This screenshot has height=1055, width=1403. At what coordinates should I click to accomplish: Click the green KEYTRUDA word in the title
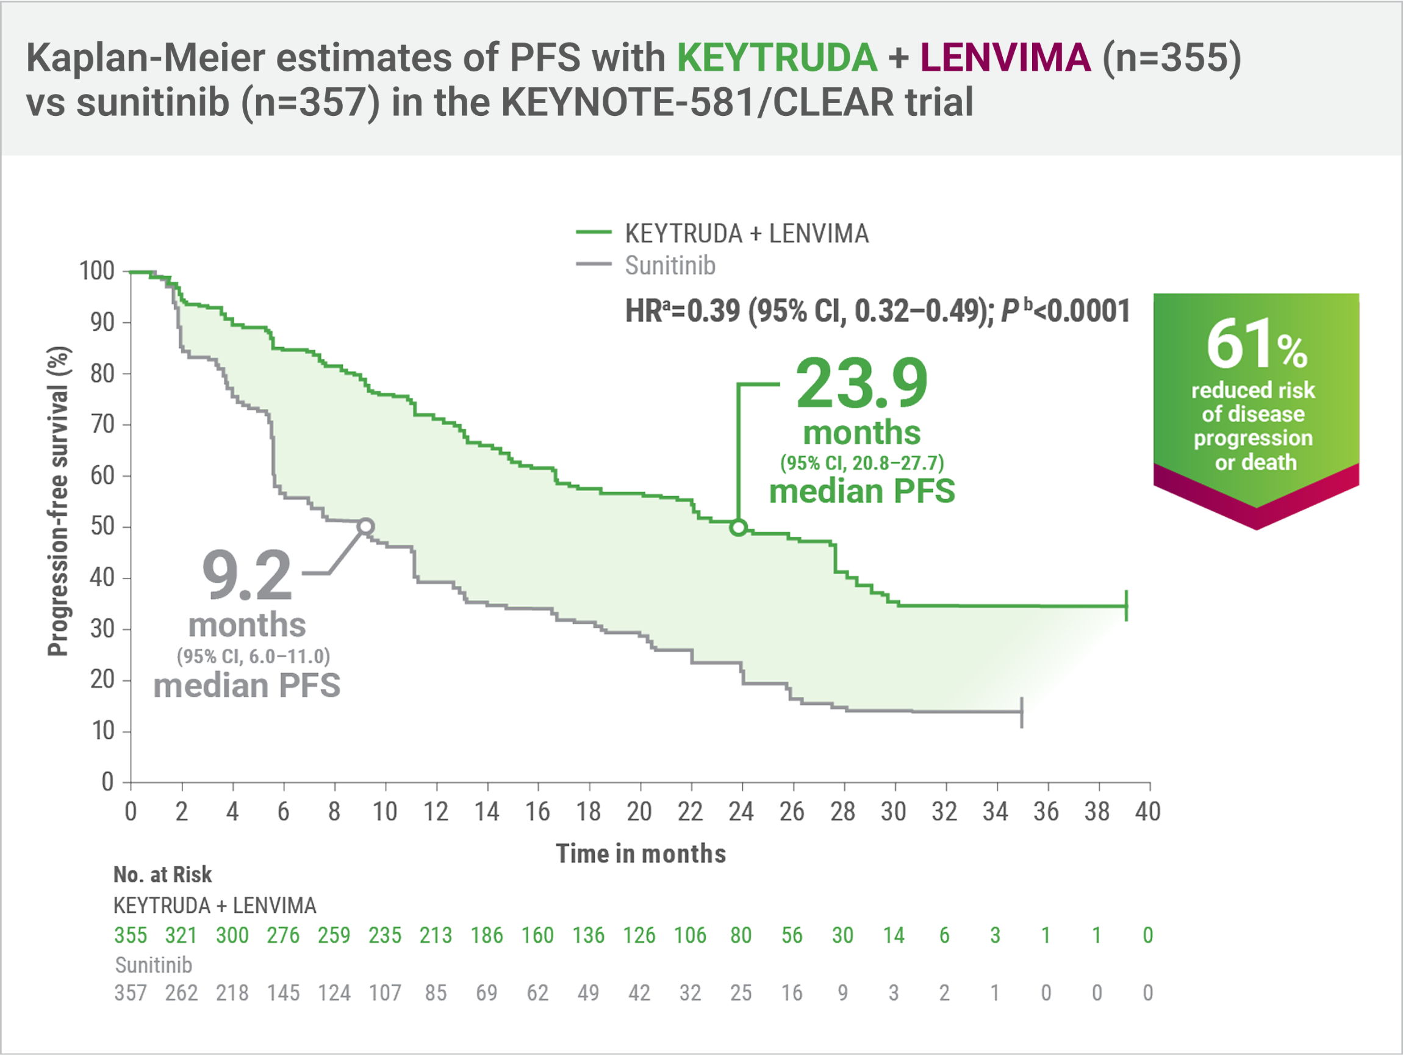pos(777,58)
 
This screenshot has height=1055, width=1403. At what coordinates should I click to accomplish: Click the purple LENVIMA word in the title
pos(1005,58)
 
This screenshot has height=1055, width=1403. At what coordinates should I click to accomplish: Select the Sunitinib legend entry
pos(670,265)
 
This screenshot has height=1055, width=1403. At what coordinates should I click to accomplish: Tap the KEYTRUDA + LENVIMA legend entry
pos(746,234)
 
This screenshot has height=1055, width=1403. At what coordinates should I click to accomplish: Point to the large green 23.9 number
pos(861,384)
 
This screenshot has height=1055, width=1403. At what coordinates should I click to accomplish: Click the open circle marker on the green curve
pos(738,527)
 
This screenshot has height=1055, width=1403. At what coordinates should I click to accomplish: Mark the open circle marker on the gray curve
pos(366,526)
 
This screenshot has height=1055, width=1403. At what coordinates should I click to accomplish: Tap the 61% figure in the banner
pos(1255,345)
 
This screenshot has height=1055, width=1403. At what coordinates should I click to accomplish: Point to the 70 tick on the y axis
pos(102,424)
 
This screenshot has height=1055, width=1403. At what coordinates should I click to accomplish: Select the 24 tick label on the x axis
pos(741,812)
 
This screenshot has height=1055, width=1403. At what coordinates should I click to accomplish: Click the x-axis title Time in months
pos(640,854)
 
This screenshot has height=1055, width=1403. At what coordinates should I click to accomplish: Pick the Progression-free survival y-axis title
pos(59,501)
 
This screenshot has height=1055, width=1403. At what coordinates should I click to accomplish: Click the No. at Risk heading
pos(162,875)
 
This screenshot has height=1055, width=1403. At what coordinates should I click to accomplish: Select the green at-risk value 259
pos(334,935)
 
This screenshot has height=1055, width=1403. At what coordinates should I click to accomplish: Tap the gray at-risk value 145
pos(283,993)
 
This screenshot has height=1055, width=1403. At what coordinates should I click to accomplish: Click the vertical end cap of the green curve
pos(1127,605)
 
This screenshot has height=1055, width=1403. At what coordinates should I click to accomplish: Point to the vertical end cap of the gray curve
pos(1022,712)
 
